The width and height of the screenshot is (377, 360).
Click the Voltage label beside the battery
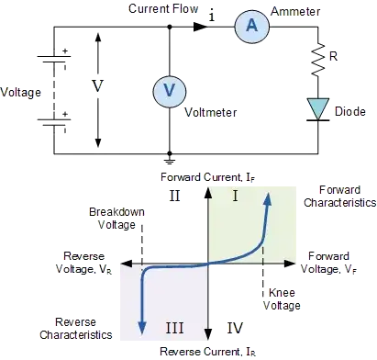click(x=21, y=92)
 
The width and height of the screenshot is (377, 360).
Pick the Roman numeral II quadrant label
click(x=175, y=196)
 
